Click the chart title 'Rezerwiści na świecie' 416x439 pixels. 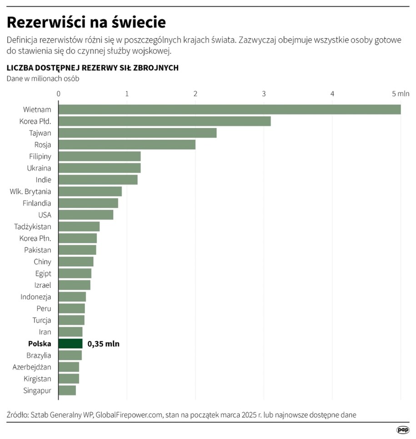coord(86,22)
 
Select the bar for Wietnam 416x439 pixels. coord(230,110)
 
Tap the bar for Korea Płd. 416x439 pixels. coord(165,121)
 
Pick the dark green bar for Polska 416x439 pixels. coord(70,343)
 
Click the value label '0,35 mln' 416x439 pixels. coord(103,344)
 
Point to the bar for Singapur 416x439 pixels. coord(67,390)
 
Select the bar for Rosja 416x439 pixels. coord(127,145)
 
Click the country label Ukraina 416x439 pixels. coord(39,168)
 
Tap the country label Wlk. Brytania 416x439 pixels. coord(30,192)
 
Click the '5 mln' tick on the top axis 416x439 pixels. coord(401,94)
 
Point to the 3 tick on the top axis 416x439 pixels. coord(264,94)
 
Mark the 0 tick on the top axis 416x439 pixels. coord(59,94)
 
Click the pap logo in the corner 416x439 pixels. coord(402,429)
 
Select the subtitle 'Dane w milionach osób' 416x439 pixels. coord(43,78)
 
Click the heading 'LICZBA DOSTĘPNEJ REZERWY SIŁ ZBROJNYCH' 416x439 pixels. coord(92,68)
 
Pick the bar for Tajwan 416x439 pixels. coord(137,133)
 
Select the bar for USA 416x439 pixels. coord(86,215)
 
